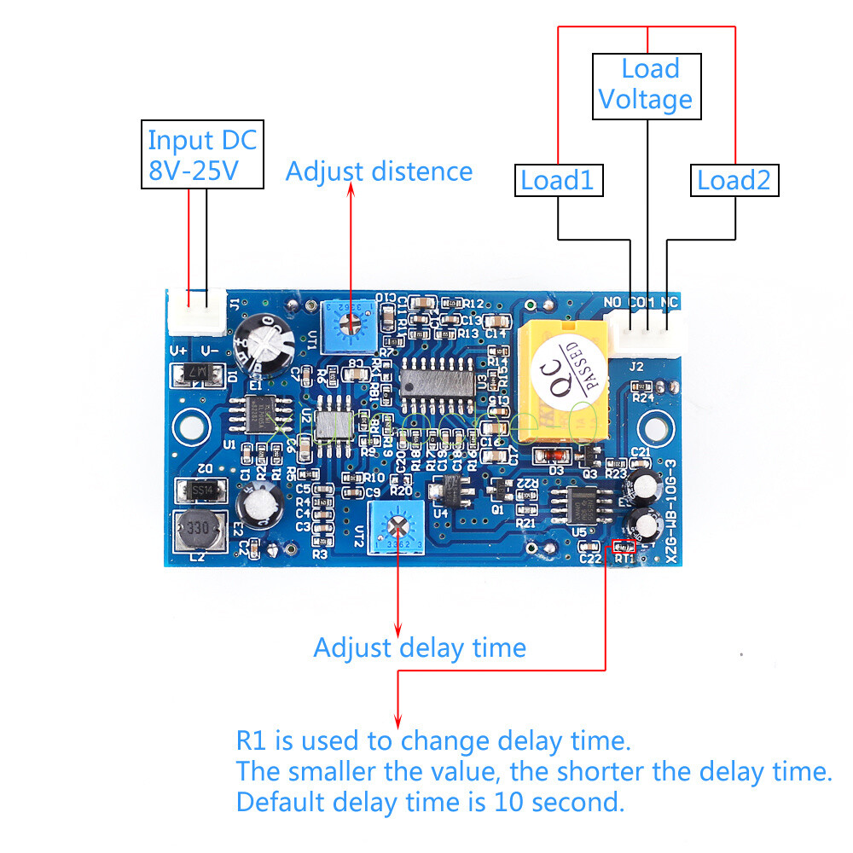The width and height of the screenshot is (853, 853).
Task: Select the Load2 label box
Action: point(734,180)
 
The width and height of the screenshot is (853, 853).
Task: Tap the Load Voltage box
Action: point(646,85)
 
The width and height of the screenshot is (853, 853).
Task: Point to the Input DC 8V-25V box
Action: point(201,154)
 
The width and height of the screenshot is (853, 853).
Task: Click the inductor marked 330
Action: point(197,532)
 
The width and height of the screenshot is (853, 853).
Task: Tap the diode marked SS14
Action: point(200,490)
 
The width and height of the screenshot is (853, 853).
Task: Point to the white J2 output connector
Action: point(648,333)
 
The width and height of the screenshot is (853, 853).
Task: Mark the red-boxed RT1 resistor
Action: point(624,546)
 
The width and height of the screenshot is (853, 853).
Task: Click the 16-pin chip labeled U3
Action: point(437,380)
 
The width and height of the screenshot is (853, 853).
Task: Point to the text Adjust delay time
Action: point(419,647)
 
